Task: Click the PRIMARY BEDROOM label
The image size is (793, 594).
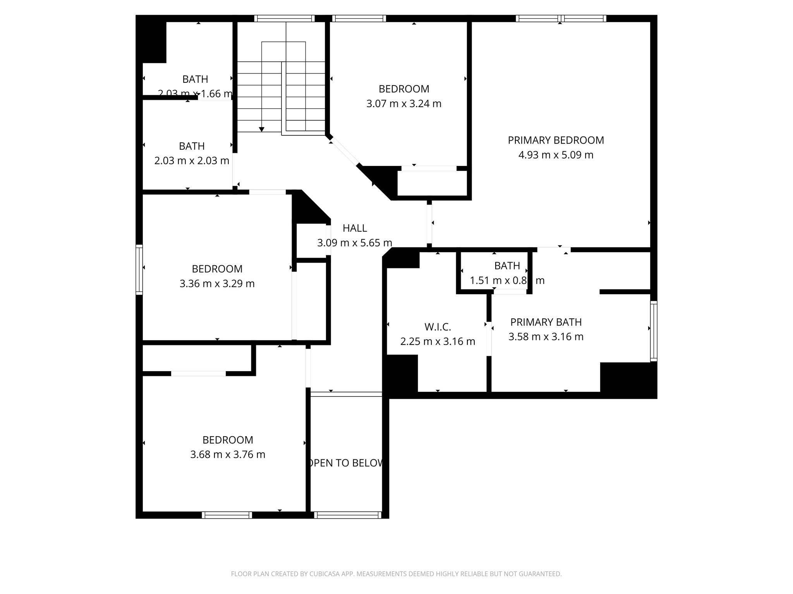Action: coord(556,140)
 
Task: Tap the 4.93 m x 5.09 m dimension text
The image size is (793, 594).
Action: coord(556,155)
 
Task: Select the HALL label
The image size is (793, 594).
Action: coord(355,229)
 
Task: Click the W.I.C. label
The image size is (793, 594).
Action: coord(438,327)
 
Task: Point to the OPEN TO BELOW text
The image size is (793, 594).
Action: coord(346,463)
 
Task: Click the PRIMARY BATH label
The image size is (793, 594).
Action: coord(546,322)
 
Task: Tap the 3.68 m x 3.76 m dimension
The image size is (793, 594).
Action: coord(228,454)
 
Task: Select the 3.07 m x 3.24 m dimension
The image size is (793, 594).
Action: coord(404,104)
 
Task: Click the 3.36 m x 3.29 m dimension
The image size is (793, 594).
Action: coord(217,284)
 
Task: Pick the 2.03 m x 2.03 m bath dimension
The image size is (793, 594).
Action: coord(192,160)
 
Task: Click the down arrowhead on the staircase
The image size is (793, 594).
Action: coord(262,129)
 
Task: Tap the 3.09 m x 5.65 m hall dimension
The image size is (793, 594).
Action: coord(355,243)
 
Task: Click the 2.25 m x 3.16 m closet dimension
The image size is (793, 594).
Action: coord(438,341)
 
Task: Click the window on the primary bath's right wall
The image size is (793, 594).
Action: coord(654,331)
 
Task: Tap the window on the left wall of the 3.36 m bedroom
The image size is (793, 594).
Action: coord(139,270)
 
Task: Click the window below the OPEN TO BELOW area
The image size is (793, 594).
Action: coord(347,515)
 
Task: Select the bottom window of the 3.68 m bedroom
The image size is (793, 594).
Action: coord(227,515)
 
